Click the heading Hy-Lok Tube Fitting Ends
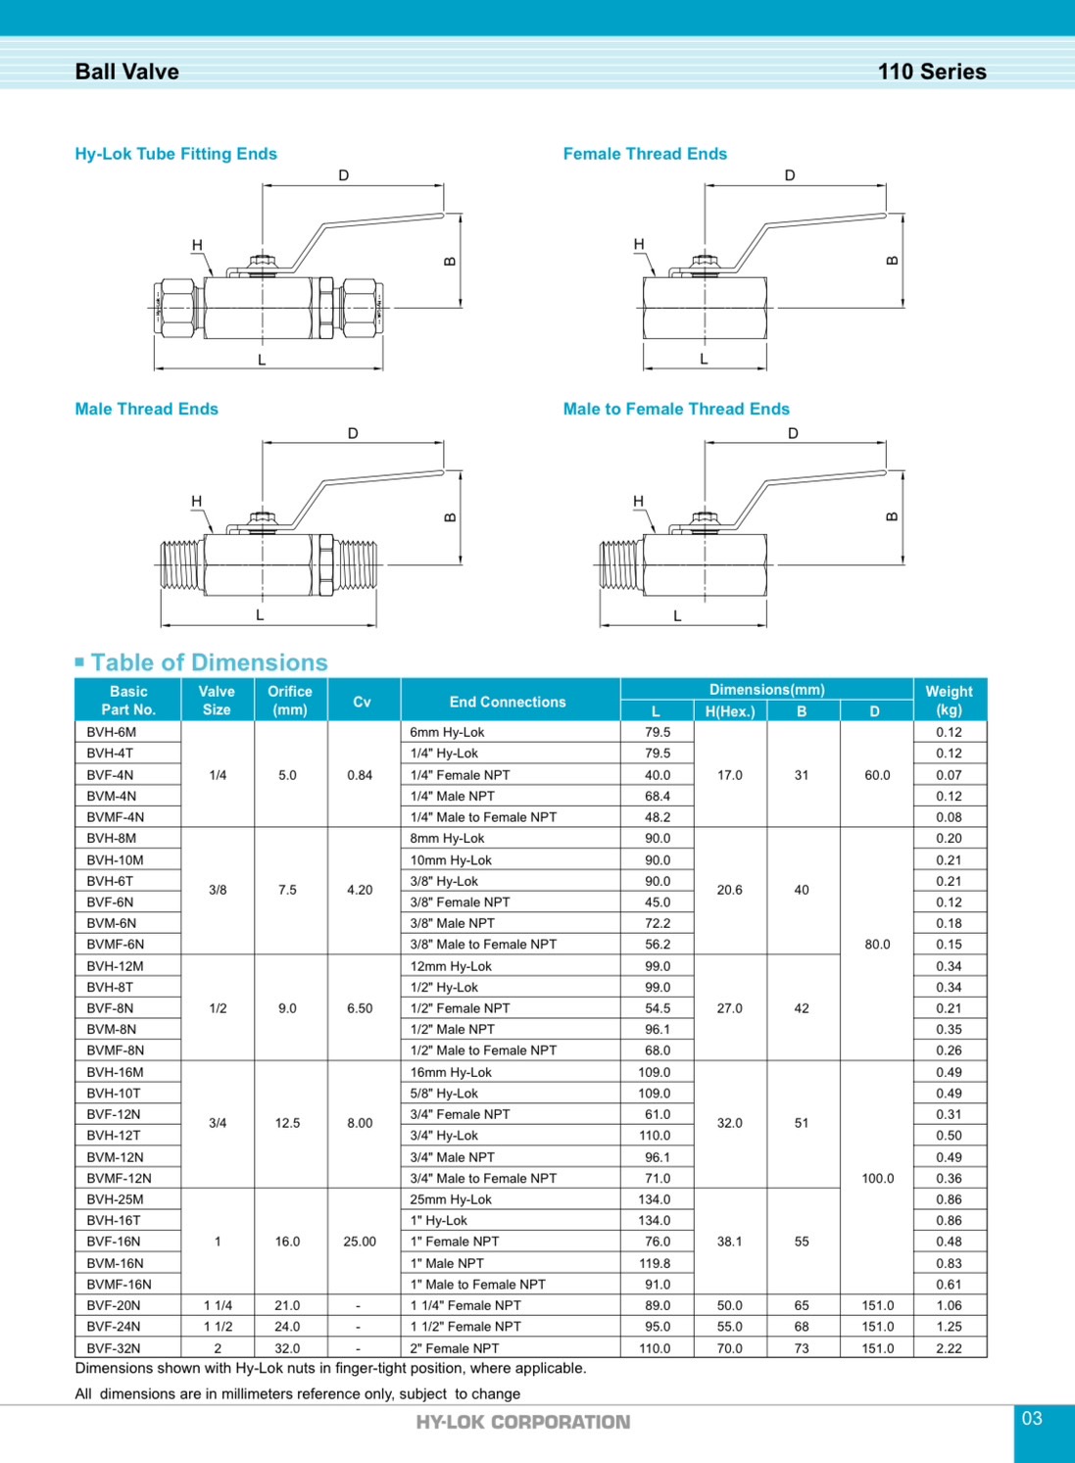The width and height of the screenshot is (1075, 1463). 175,154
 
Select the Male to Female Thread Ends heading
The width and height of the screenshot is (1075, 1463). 675,409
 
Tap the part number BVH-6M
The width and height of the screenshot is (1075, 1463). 111,732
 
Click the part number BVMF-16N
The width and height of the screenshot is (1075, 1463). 119,1284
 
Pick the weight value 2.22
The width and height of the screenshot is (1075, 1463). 949,1348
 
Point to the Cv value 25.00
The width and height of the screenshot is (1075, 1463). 360,1242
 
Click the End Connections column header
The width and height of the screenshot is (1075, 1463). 508,702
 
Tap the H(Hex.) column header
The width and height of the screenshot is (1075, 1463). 730,711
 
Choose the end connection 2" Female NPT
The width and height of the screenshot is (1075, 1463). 455,1348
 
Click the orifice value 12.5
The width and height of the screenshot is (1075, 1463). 287,1123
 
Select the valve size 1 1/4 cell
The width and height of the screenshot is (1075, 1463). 218,1305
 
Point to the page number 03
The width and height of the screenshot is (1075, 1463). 1032,1418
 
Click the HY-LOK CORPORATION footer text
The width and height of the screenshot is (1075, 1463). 523,1422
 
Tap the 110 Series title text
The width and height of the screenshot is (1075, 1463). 931,72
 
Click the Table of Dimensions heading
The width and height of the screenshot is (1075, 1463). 209,662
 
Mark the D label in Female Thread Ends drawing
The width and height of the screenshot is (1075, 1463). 790,175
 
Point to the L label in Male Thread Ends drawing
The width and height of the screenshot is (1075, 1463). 260,615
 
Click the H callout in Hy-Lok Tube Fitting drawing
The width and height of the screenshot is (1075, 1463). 197,245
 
